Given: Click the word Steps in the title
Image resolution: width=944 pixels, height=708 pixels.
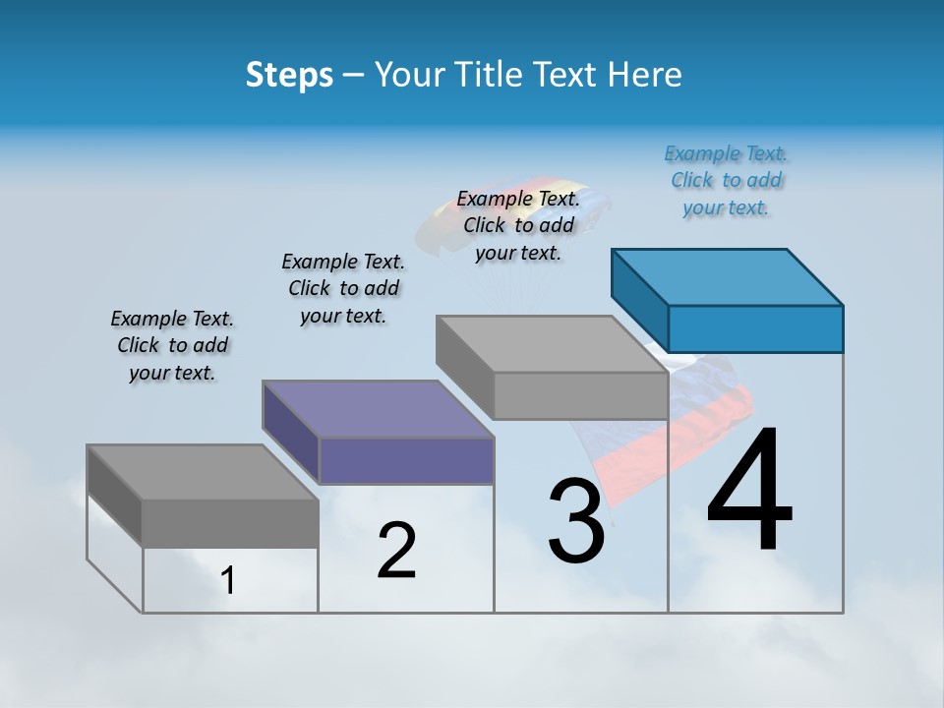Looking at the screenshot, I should pyautogui.click(x=289, y=75).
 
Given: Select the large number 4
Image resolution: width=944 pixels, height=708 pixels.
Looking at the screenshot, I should pyautogui.click(x=749, y=492).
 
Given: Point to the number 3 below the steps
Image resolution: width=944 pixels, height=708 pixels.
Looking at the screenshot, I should pyautogui.click(x=576, y=520).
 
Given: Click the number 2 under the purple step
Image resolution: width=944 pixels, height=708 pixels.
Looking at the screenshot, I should pyautogui.click(x=396, y=551).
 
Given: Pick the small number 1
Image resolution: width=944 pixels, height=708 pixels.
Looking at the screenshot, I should pyautogui.click(x=228, y=581).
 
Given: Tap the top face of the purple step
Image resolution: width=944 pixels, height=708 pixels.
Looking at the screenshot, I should pyautogui.click(x=378, y=409).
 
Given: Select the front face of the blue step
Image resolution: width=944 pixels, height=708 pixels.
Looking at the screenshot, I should pyautogui.click(x=755, y=328).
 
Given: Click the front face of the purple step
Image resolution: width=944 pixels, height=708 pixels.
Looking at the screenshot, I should pyautogui.click(x=406, y=461).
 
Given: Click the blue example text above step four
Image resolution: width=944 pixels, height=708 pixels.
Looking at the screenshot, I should pyautogui.click(x=727, y=181).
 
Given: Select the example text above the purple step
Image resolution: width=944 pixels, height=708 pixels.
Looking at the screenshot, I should pyautogui.click(x=343, y=288).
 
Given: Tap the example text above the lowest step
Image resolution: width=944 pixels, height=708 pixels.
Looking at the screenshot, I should pyautogui.click(x=172, y=345).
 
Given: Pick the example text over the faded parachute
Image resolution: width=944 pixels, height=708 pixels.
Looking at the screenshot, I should pyautogui.click(x=518, y=225).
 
